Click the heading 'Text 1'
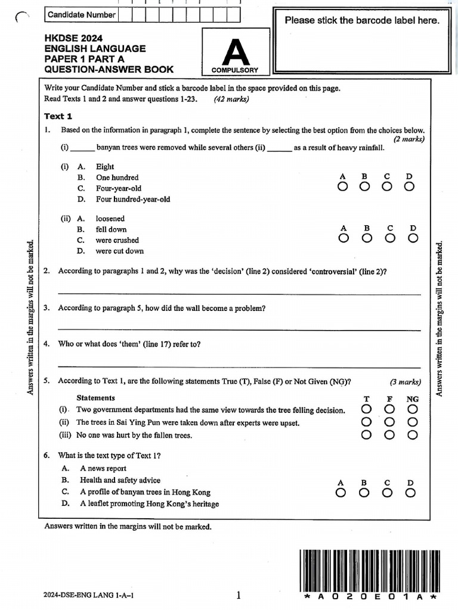tap(58, 116)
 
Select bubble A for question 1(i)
tap(342, 187)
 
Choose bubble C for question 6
tap(387, 493)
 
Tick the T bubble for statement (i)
tap(366, 410)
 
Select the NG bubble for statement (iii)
tap(412, 435)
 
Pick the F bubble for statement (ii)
tap(389, 422)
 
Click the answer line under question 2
tap(239, 293)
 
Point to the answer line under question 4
tap(239, 366)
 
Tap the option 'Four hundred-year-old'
tap(132, 200)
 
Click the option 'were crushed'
tap(117, 240)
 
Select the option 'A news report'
tap(103, 468)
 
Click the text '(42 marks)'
tap(231, 99)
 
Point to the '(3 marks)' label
tap(406, 382)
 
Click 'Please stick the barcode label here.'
tap(361, 20)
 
